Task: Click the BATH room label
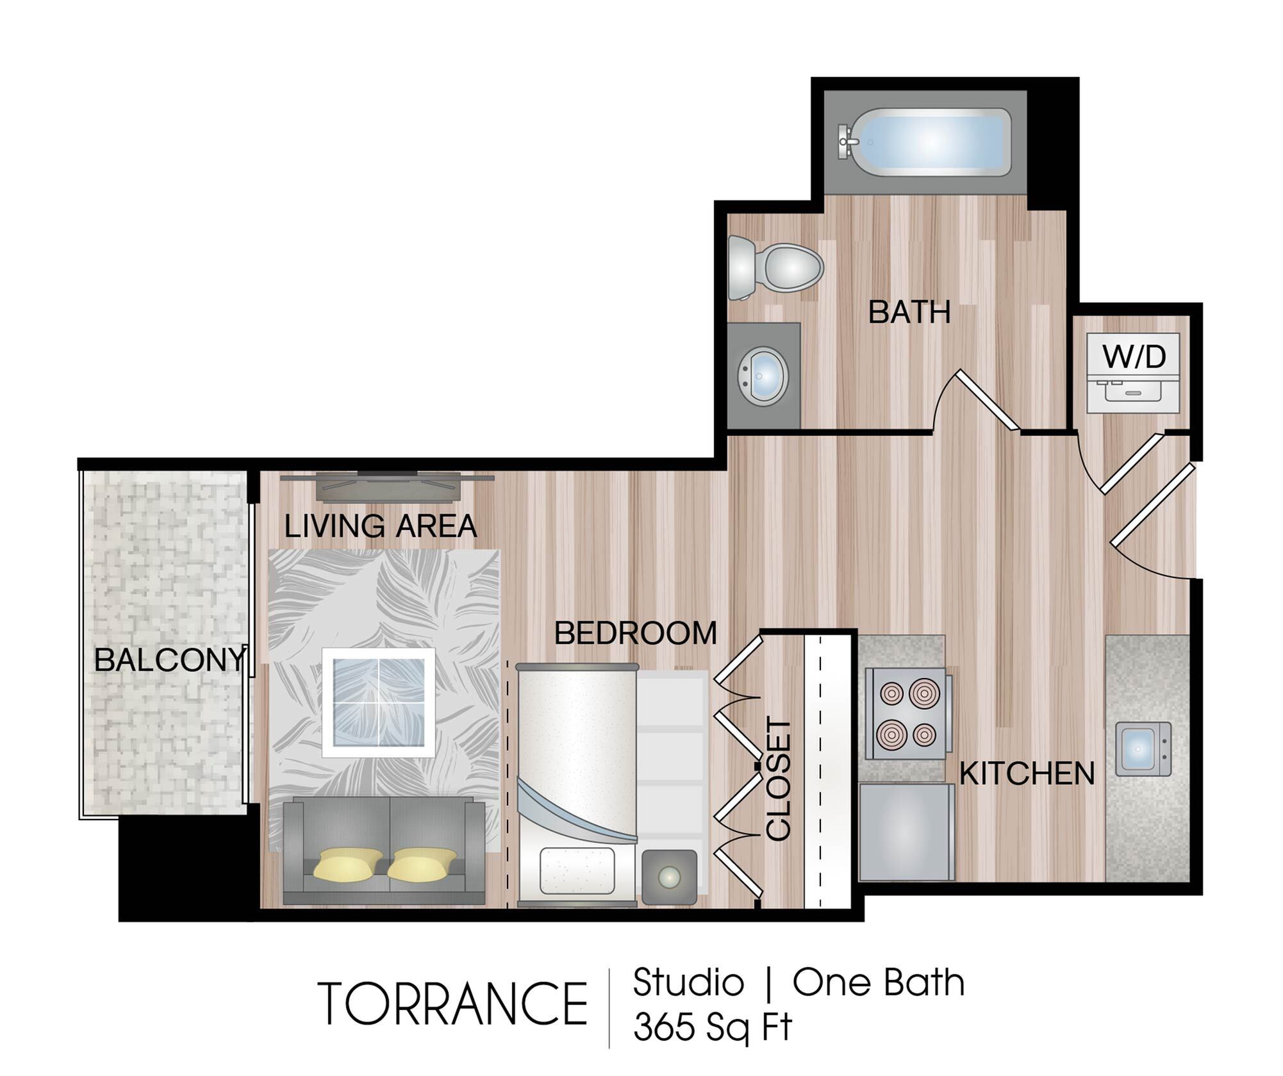[909, 313]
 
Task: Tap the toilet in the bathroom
[775, 267]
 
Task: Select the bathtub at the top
[924, 142]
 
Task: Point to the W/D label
[1134, 356]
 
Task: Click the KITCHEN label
[1027, 774]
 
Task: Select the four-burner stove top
[907, 714]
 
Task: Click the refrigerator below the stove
[906, 832]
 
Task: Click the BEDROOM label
[635, 633]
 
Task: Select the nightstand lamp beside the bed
[670, 877]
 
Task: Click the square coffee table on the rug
[379, 702]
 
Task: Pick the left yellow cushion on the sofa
[348, 865]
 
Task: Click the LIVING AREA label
[381, 526]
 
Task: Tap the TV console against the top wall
[388, 486]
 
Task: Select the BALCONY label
[170, 659]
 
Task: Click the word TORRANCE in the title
[452, 1004]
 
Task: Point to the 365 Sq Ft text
[713, 1027]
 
